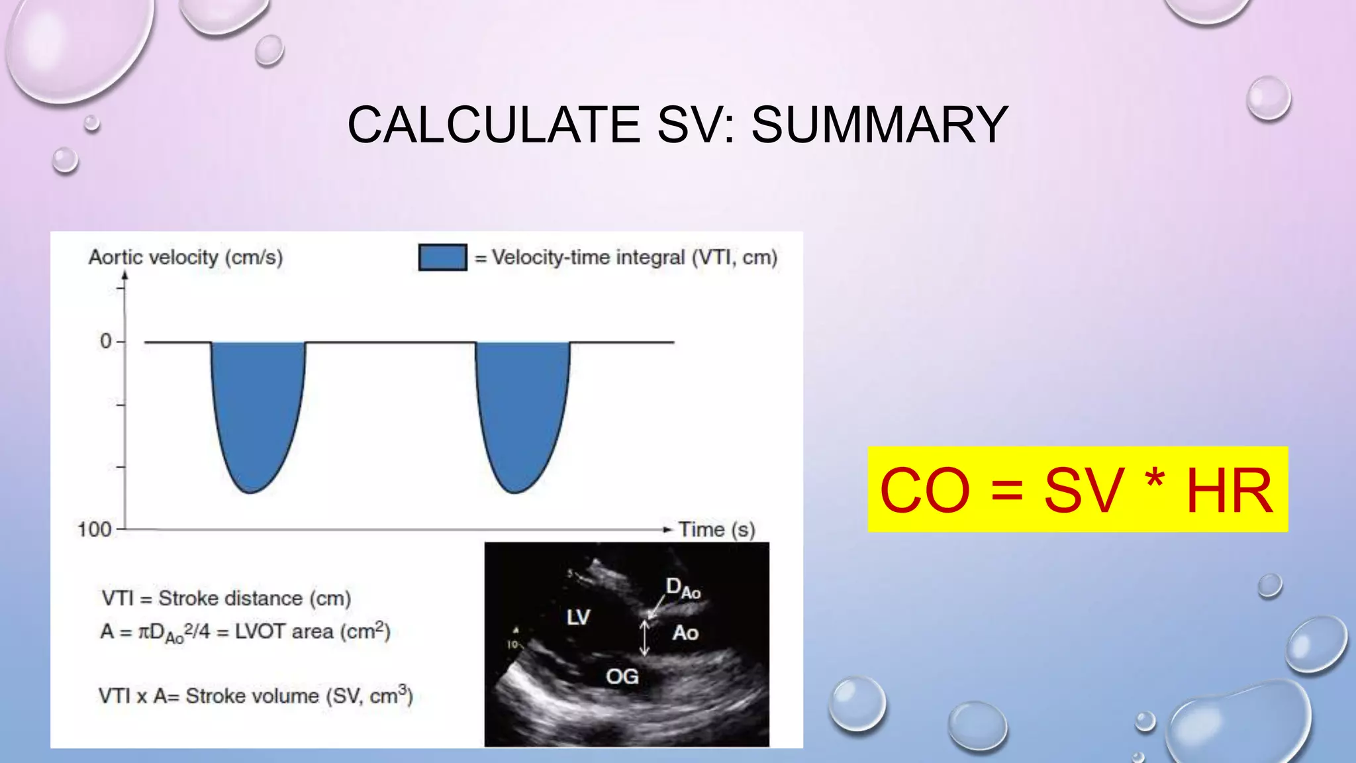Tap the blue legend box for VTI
tap(442, 257)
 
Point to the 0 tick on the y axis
tap(106, 342)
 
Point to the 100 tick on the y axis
tap(95, 530)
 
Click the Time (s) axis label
tap(716, 530)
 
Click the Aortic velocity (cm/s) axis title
tap(185, 257)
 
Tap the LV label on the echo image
tap(578, 617)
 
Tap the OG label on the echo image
tap(622, 676)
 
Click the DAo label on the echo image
tap(682, 588)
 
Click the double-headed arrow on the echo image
tap(644, 637)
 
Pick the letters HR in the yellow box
tap(1229, 491)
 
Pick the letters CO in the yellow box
tap(924, 491)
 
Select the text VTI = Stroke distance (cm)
tap(226, 598)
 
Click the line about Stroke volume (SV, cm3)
tap(256, 695)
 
